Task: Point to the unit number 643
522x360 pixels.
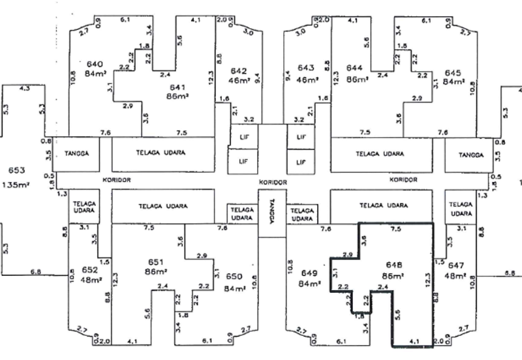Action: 307,68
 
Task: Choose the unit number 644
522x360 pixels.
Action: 355,68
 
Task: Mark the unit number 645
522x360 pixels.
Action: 453,72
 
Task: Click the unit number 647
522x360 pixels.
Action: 457,265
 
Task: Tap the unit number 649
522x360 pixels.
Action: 309,273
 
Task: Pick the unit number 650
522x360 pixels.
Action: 234,277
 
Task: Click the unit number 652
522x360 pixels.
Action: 89,269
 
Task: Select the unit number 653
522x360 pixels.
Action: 16,170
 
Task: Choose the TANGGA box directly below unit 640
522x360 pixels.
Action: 82,154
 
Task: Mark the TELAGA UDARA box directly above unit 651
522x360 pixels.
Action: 162,206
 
